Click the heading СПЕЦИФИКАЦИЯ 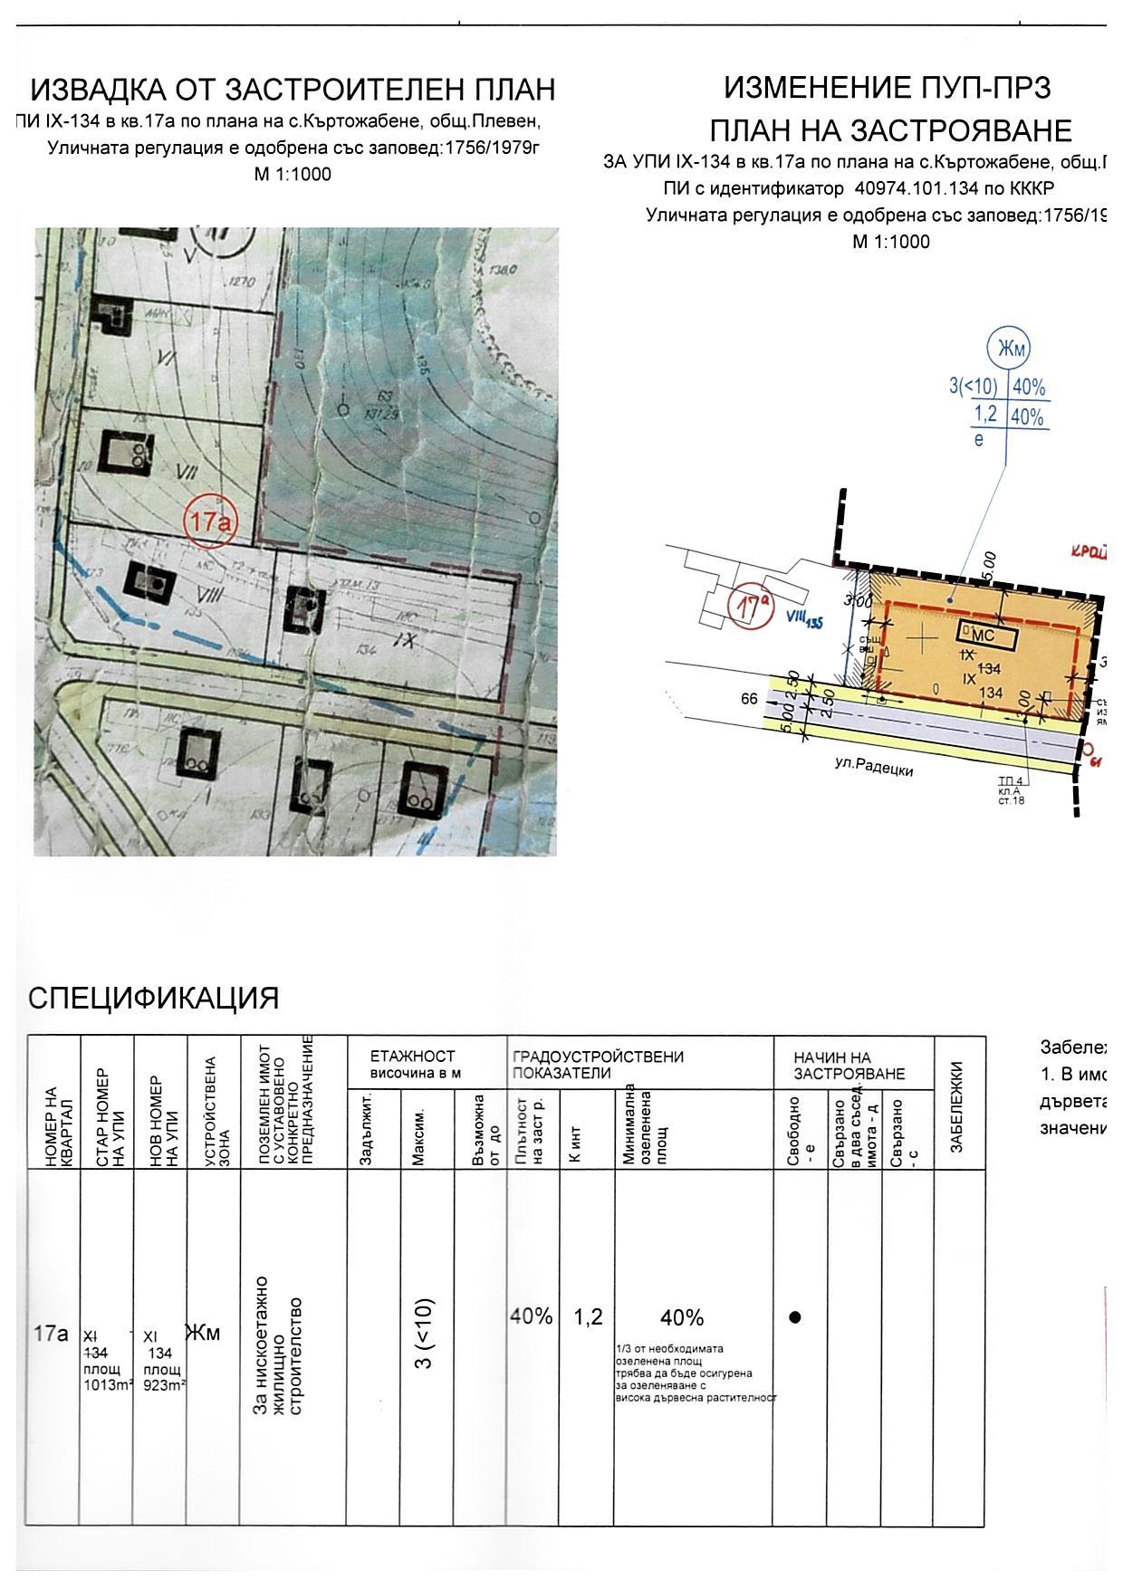pyautogui.click(x=153, y=998)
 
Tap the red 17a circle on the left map pyautogui.click(x=209, y=522)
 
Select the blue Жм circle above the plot pyautogui.click(x=1008, y=349)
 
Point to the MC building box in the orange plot pyautogui.click(x=988, y=636)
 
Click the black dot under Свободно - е pyautogui.click(x=795, y=1317)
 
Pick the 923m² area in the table pyautogui.click(x=164, y=1383)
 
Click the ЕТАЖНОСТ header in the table pyautogui.click(x=412, y=1057)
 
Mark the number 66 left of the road pyautogui.click(x=749, y=699)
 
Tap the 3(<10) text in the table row pyautogui.click(x=426, y=1334)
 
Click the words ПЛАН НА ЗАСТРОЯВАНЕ pyautogui.click(x=890, y=131)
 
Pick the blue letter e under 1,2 pyautogui.click(x=978, y=440)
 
